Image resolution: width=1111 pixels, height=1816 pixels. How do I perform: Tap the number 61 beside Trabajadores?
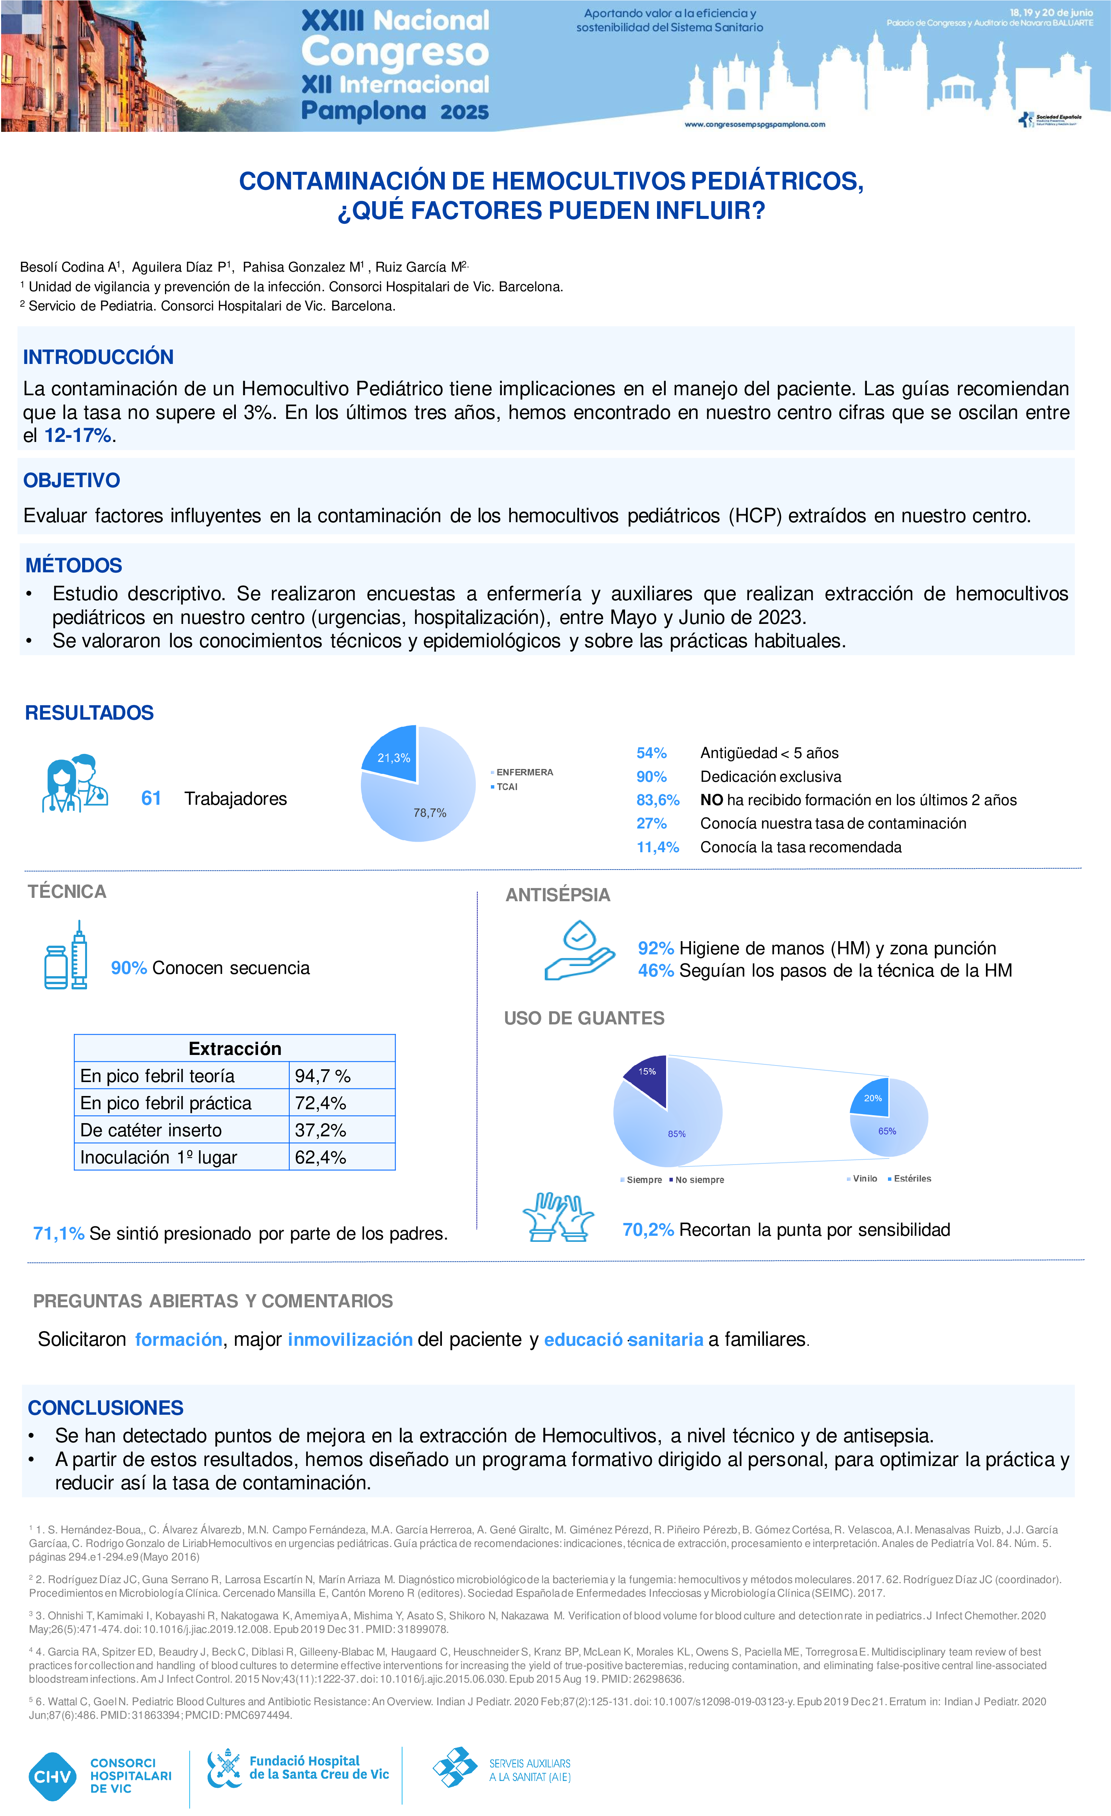151,798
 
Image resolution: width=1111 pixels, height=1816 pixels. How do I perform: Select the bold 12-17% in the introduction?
77,436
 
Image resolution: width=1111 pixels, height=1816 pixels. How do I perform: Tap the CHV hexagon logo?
52,1776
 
